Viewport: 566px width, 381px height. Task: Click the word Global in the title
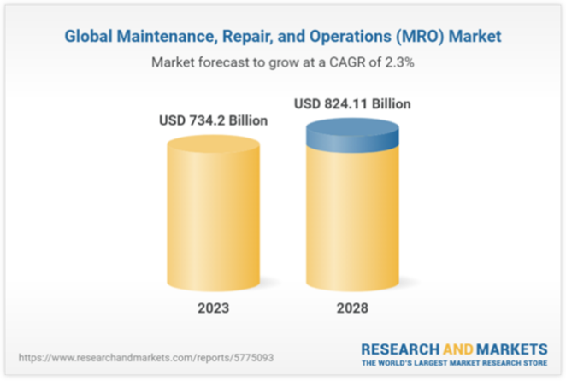click(89, 38)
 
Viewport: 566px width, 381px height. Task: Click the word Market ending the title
click(477, 38)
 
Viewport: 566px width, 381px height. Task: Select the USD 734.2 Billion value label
click(214, 121)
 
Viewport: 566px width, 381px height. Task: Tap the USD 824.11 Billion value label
click(352, 103)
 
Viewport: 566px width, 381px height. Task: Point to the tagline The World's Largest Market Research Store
click(453, 363)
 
